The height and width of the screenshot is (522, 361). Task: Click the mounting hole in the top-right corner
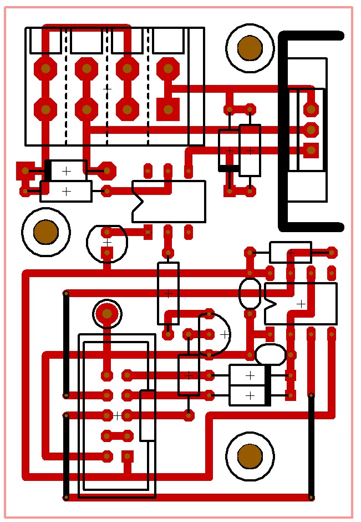pyautogui.click(x=250, y=48)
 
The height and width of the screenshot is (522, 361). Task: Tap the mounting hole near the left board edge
pyautogui.click(x=46, y=232)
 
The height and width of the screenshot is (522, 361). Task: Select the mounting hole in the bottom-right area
pyautogui.click(x=250, y=456)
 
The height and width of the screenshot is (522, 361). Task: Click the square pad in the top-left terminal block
pyautogui.click(x=168, y=109)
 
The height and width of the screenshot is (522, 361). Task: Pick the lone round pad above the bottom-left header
pyautogui.click(x=107, y=314)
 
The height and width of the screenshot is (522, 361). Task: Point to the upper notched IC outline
pyautogui.click(x=169, y=201)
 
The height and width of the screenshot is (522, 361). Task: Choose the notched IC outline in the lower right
pyautogui.click(x=301, y=304)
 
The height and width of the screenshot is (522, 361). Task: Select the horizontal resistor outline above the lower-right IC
pyautogui.click(x=291, y=252)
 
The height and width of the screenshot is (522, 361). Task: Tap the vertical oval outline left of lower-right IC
pyautogui.click(x=250, y=293)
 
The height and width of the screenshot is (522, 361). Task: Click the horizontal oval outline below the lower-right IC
pyautogui.click(x=271, y=354)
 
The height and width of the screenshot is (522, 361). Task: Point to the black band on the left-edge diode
pyautogui.click(x=48, y=170)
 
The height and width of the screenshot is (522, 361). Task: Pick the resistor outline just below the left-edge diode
pyautogui.click(x=66, y=191)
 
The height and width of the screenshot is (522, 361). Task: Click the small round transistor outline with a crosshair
pyautogui.click(x=107, y=242)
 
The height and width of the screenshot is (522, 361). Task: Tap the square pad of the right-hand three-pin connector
pyautogui.click(x=311, y=150)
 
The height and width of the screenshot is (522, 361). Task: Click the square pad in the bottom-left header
pyautogui.click(x=128, y=456)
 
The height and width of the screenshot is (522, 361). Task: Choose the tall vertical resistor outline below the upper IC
pyautogui.click(x=168, y=293)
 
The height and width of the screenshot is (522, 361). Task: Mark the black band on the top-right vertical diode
pyautogui.click(x=229, y=168)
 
